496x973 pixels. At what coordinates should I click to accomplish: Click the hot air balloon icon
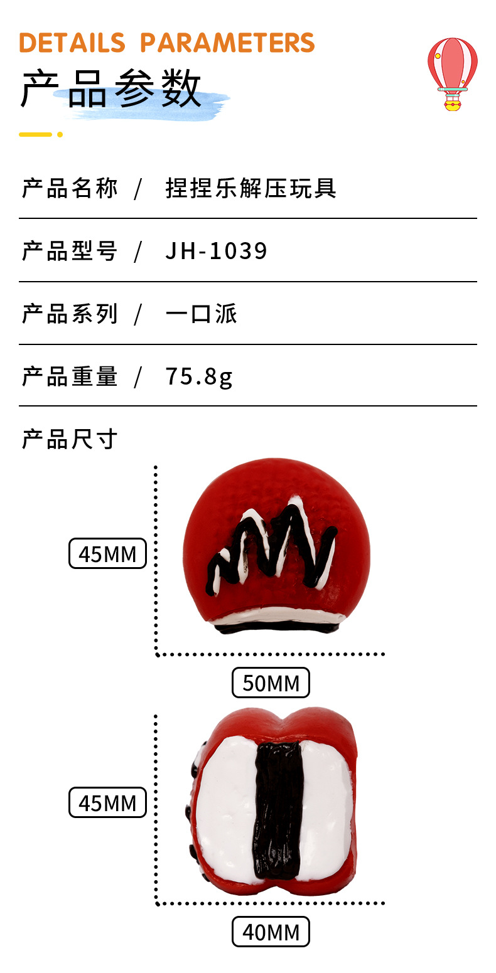click(452, 74)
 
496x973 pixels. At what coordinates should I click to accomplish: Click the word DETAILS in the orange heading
click(72, 43)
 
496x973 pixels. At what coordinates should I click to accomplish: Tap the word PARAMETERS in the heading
click(227, 43)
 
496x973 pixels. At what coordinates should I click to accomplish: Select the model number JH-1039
click(216, 251)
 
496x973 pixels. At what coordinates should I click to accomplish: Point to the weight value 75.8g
click(199, 376)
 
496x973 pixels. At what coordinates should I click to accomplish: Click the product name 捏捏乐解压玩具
click(251, 189)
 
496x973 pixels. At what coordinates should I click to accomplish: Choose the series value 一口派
click(202, 314)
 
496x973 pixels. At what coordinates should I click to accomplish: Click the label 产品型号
click(70, 251)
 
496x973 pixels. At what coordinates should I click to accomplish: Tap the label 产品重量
click(70, 376)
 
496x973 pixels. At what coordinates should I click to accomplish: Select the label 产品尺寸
click(70, 439)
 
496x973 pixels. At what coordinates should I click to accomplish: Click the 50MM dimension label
click(271, 683)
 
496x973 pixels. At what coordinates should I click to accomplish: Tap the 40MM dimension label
click(271, 932)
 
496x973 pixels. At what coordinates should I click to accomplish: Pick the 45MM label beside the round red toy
click(107, 553)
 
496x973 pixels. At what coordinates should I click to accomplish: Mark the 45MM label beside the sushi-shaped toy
click(107, 802)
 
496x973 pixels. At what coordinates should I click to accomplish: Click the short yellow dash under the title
click(36, 135)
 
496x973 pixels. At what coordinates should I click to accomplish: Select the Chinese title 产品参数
click(111, 89)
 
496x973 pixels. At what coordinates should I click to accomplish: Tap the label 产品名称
click(70, 189)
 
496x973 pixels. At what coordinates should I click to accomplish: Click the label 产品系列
click(70, 314)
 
